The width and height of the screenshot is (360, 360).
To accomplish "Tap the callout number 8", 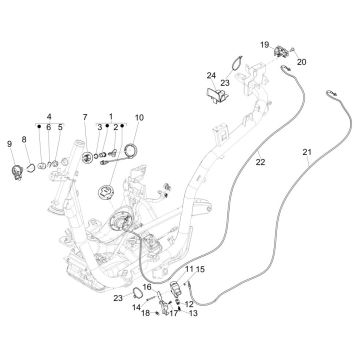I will click(24, 139).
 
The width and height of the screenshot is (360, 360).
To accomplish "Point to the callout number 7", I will click(85, 118).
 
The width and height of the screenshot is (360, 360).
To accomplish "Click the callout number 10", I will click(139, 118).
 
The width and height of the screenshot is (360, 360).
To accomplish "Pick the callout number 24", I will click(211, 76).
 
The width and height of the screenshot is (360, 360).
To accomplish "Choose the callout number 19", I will click(265, 45).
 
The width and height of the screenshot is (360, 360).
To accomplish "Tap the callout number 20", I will click(302, 61).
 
